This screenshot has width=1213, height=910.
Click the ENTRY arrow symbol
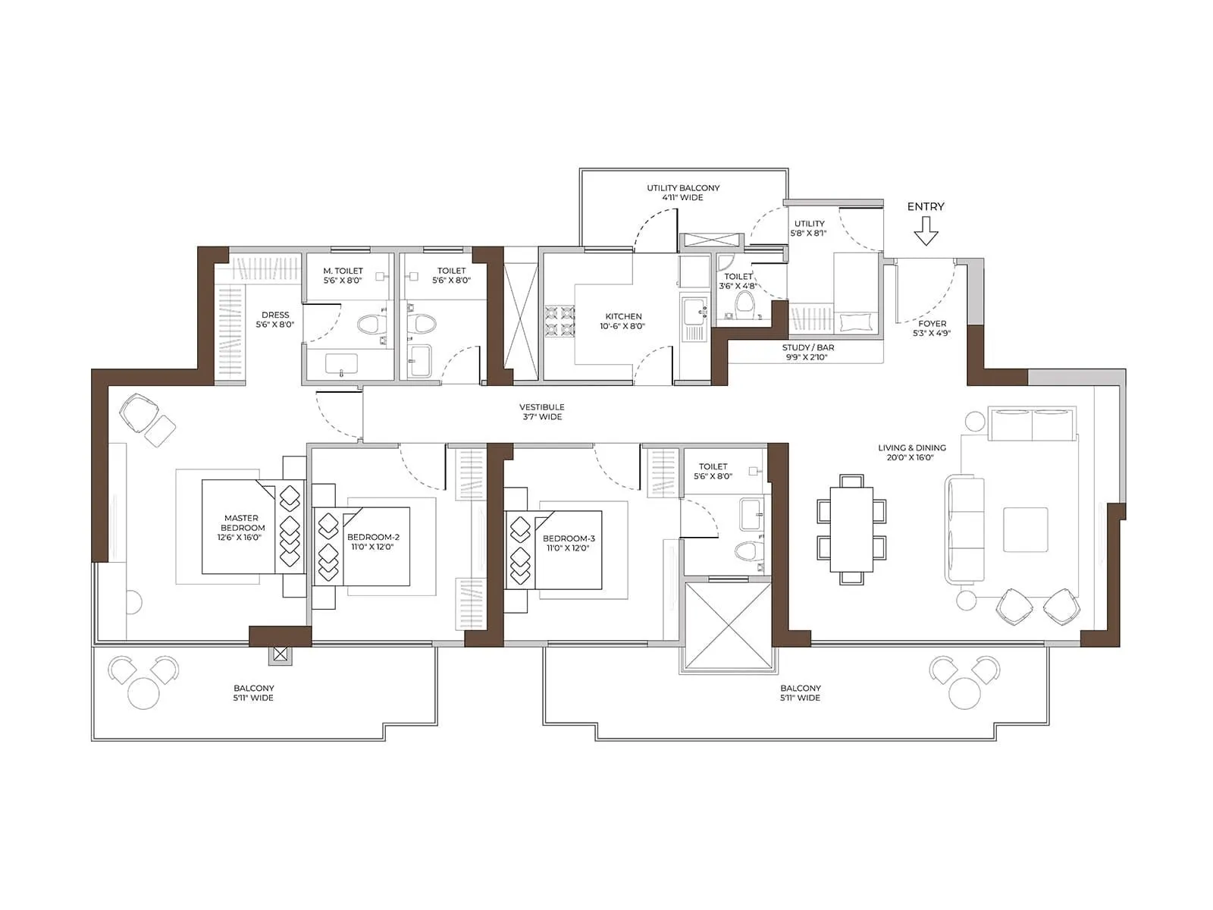pos(926,231)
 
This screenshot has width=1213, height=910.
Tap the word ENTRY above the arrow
pos(926,206)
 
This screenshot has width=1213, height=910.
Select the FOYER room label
pos(932,328)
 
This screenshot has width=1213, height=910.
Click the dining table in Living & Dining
pos(851,529)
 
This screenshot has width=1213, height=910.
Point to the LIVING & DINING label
pos(911,452)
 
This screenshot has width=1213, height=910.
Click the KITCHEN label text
pos(623,321)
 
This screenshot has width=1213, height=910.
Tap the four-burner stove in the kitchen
pos(558,320)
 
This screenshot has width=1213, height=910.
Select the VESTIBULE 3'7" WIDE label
pos(542,412)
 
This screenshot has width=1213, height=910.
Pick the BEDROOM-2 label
pos(373,541)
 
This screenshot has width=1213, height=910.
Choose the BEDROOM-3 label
pos(569,543)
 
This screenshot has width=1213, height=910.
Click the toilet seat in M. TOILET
pos(369,325)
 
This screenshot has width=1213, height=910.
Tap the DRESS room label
pos(275,319)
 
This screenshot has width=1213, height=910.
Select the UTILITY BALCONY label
pos(683,192)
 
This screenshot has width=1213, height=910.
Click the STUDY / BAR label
pos(808,352)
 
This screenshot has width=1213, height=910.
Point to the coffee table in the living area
pos(1025,529)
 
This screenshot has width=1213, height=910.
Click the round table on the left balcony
pos(143,692)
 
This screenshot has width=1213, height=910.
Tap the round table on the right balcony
pos(964,692)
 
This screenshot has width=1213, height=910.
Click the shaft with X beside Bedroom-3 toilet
pos(728,626)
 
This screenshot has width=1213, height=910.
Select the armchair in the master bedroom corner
pos(139,413)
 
